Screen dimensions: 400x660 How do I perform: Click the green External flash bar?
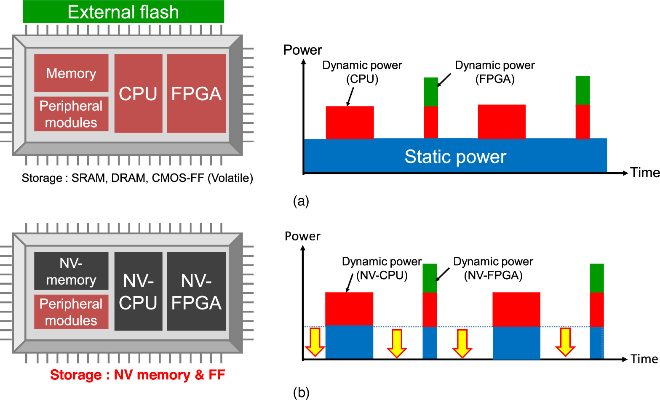pos(123,12)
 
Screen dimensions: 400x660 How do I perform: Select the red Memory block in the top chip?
pos(71,73)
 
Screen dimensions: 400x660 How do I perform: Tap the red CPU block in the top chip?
pos(138,93)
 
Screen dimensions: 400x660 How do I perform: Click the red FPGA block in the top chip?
pos(196,93)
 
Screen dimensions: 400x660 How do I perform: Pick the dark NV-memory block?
pos(71,271)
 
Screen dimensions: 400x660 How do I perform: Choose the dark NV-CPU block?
pos(138,291)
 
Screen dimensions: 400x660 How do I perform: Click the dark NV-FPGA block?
pos(196,291)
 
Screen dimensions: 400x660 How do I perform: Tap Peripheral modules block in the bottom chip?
pos(71,312)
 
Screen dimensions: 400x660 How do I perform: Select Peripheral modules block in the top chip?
pos(71,114)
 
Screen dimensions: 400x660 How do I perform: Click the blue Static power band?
pos(455,156)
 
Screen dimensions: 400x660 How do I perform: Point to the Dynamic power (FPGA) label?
pos(494,72)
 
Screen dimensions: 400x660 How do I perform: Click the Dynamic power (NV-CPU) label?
pos(382,268)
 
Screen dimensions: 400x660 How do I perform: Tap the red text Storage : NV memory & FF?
pos(137,375)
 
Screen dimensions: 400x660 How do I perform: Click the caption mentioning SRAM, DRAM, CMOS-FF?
pos(137,178)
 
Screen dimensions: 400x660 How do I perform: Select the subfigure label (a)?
pos(301,201)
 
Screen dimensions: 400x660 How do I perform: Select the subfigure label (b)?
pos(301,392)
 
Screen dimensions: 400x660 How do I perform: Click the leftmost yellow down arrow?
pos(315,342)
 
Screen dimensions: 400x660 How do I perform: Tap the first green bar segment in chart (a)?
pos(430,92)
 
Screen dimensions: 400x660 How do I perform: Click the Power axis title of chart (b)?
pos(302,236)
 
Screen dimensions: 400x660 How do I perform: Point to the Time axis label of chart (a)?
pos(644,173)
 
